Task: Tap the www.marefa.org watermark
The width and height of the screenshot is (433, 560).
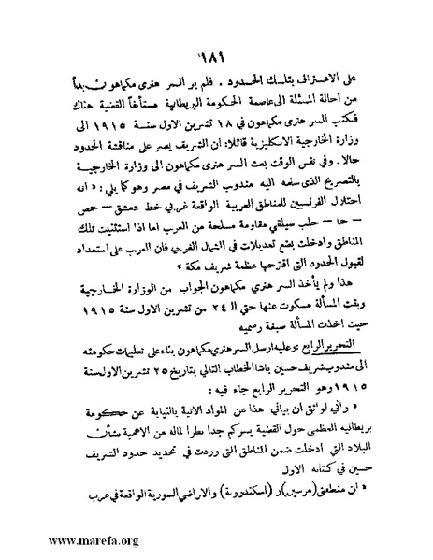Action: coord(61,539)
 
